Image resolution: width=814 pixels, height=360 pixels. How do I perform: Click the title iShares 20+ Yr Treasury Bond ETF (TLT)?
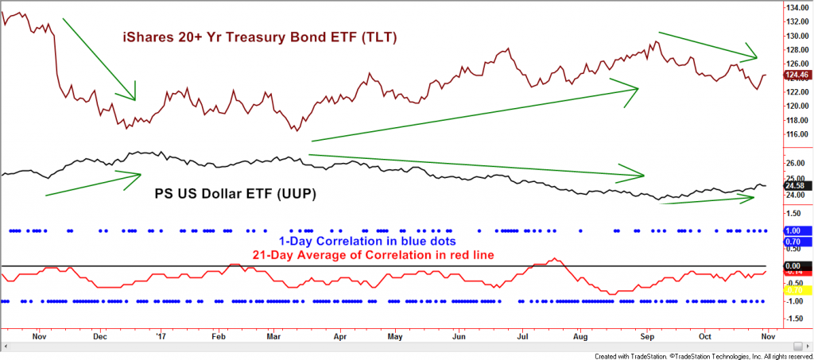(x=259, y=37)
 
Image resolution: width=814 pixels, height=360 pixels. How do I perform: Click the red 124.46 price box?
(x=797, y=76)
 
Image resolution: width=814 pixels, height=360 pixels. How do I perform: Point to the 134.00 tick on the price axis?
(x=797, y=8)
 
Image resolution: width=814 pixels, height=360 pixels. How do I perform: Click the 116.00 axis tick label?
(x=797, y=134)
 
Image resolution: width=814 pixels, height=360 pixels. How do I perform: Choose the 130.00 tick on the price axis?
(x=797, y=37)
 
